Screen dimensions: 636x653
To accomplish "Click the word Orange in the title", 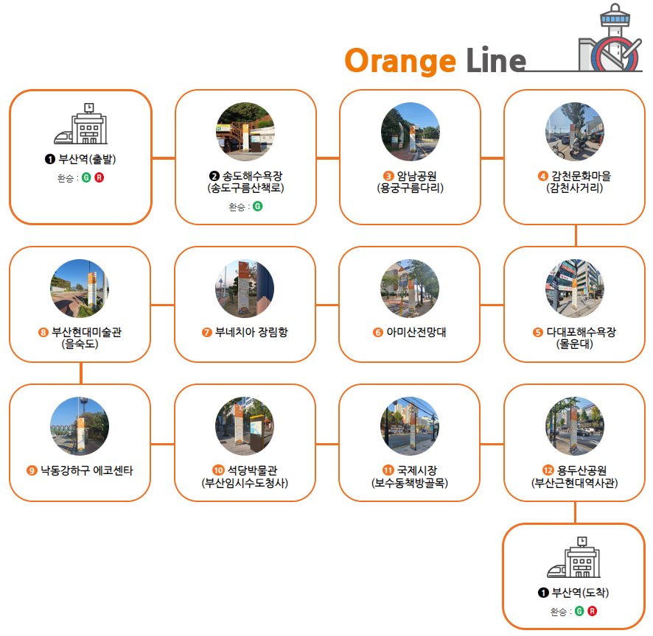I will point(399,60).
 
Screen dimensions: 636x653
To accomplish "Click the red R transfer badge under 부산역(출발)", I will point(99,177).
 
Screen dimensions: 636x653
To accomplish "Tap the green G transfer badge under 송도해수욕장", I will point(257,206).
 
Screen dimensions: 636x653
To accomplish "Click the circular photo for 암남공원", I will point(410,132).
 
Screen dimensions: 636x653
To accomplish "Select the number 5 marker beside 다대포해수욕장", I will point(537,332).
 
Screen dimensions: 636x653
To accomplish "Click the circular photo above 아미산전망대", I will point(410,288).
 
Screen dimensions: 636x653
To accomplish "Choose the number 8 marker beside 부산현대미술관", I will point(43,332).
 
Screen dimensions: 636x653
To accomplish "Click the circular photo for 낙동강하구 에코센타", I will point(80,426).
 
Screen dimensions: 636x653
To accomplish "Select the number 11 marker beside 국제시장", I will point(388,470).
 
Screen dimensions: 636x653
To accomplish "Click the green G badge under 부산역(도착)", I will point(579,611).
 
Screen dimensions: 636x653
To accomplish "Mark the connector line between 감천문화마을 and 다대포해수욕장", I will point(576,235).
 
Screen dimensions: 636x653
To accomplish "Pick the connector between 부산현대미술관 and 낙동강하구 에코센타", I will point(80,372).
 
